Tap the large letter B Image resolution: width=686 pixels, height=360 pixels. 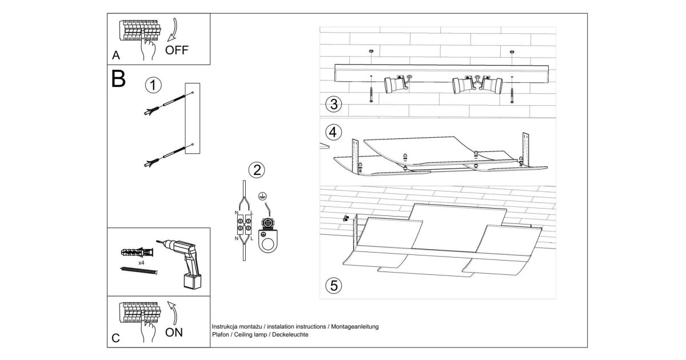118,79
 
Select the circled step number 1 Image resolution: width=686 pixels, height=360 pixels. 153,86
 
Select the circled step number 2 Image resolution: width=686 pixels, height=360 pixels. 257,169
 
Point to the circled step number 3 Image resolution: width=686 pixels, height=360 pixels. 333,105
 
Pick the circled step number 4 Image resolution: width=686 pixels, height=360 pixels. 333,131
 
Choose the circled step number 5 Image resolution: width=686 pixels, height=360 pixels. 333,284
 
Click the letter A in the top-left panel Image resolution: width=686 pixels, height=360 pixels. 116,56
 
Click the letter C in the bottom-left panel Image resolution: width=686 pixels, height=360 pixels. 116,338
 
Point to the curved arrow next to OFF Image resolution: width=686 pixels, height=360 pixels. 171,30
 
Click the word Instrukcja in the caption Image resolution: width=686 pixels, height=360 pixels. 225,327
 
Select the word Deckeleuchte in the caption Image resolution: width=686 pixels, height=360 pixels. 292,334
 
